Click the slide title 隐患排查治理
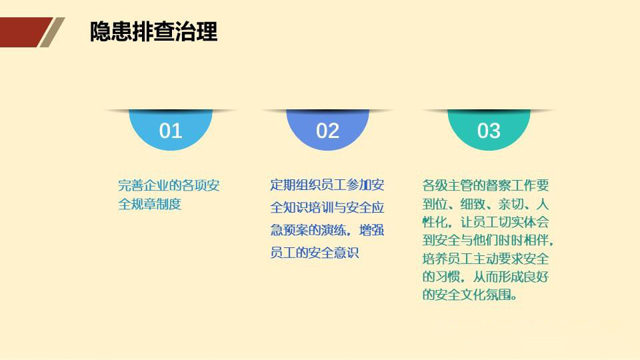(x=154, y=31)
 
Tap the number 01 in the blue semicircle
(x=171, y=131)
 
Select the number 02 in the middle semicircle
(x=327, y=131)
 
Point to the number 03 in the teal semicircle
(x=489, y=131)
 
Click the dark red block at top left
(x=23, y=31)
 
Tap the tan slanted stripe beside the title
(x=52, y=32)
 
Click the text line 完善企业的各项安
(x=169, y=186)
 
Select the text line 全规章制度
(x=150, y=205)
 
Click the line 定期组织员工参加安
(x=327, y=185)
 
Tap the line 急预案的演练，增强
(x=327, y=230)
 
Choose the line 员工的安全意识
(x=315, y=253)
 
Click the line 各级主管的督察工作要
(x=485, y=185)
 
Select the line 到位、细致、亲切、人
(x=485, y=203)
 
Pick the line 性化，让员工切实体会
(x=485, y=221)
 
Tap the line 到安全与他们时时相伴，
(x=487, y=239)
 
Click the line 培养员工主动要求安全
(x=485, y=258)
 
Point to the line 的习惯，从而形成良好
(x=485, y=276)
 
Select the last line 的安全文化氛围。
(x=469, y=294)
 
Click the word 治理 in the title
(x=197, y=31)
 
